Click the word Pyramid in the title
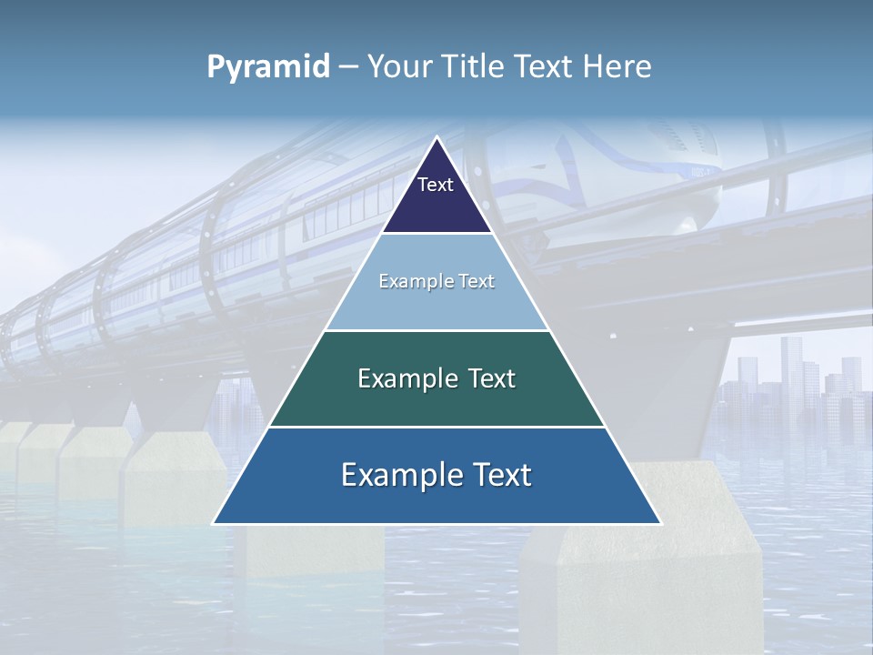[x=268, y=67]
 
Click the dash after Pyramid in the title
[x=348, y=67]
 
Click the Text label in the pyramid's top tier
[x=436, y=185]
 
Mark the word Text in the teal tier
[x=493, y=378]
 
